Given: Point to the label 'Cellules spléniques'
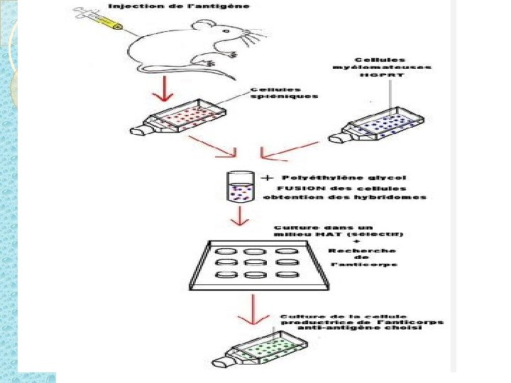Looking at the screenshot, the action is tap(284, 93).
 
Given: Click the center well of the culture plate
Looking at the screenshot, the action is tap(255, 263).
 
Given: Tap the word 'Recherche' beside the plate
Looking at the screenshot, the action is tap(362, 250).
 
